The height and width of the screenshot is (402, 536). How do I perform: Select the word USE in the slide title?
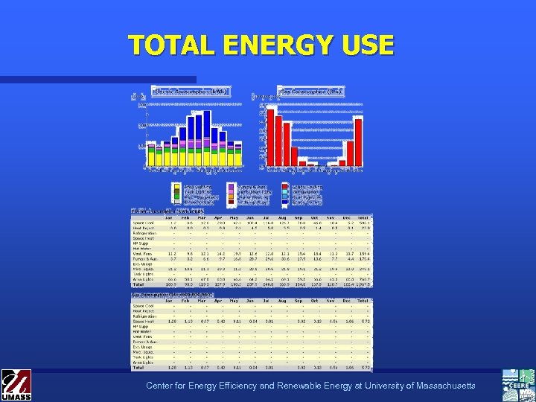[366, 45]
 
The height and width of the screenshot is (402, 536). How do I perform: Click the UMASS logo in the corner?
[16, 384]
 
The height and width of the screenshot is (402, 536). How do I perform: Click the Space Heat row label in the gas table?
[143, 321]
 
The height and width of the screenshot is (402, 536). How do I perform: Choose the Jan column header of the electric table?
[172, 217]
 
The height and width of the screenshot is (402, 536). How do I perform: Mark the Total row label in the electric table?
[139, 284]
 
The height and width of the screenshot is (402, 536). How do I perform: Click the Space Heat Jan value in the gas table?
[172, 321]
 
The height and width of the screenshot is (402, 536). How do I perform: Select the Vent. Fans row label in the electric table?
[142, 253]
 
